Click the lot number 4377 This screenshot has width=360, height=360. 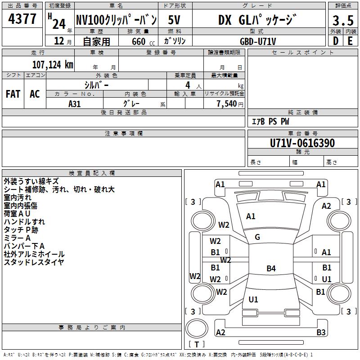[x=22, y=19]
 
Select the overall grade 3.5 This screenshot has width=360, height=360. [x=343, y=21]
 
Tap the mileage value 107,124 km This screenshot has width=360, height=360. [x=53, y=64]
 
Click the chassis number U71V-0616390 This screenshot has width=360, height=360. [x=302, y=143]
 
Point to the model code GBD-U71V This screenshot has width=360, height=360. [x=258, y=41]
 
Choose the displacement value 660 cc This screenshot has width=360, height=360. [x=143, y=41]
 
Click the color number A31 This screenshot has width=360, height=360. [x=75, y=104]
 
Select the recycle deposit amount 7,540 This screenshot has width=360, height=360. [x=227, y=104]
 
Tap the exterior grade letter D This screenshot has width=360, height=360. [x=336, y=41]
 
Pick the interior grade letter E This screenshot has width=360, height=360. [x=350, y=41]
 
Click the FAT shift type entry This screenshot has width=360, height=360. [x=13, y=94]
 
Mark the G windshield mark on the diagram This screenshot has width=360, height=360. [x=257, y=237]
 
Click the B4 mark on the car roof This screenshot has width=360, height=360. [x=271, y=268]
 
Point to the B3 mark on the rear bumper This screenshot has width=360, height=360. [x=321, y=332]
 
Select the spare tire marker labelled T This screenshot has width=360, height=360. [x=197, y=344]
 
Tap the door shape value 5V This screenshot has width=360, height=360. [x=174, y=20]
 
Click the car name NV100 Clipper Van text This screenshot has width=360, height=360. [x=117, y=20]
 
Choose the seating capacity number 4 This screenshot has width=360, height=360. [x=188, y=85]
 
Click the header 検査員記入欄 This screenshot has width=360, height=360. [x=92, y=173]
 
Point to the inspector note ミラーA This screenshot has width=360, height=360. [x=17, y=238]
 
